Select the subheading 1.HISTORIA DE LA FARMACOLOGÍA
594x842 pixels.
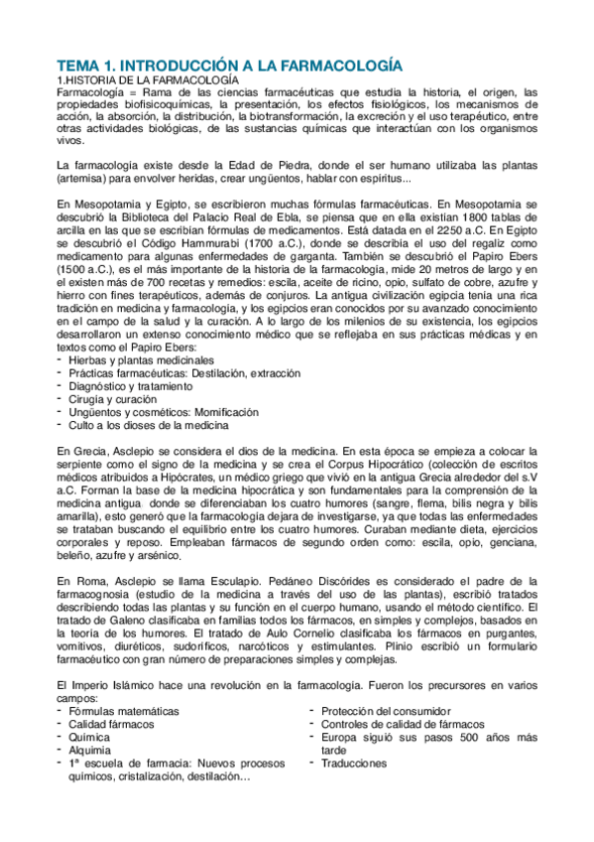[148, 78]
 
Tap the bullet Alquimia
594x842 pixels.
[90, 750]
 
